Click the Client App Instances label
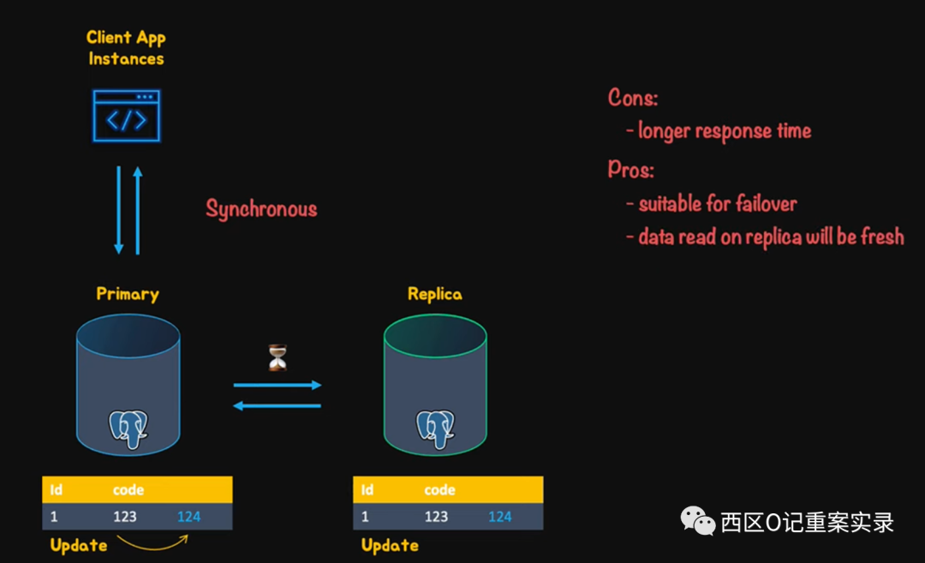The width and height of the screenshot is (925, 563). coord(126,48)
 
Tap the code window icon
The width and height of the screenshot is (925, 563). coord(127,116)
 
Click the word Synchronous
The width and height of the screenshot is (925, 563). coord(261,209)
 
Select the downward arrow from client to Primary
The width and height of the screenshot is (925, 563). coord(119,210)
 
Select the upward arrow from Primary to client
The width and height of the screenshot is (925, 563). coord(137,210)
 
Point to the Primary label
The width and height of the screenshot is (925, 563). coord(128,294)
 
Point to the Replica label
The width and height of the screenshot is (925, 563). coord(434,294)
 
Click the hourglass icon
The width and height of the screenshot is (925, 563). coord(277,357)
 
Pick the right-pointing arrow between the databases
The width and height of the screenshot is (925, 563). coord(277,386)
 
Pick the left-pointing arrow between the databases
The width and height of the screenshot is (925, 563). coord(277,405)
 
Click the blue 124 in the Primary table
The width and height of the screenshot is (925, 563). coord(189,517)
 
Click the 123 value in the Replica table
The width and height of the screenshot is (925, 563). coord(436,517)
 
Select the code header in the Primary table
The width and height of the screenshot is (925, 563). coord(128,490)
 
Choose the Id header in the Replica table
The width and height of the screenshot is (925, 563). coord(367,490)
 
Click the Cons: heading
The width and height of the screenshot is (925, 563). coord(633,98)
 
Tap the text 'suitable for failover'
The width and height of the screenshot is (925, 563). coord(718,204)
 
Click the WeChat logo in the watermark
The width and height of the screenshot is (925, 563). coord(698,519)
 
